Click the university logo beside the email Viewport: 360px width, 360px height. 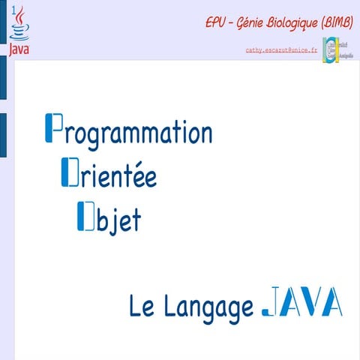point(337,51)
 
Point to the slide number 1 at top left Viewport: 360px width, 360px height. point(10,7)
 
